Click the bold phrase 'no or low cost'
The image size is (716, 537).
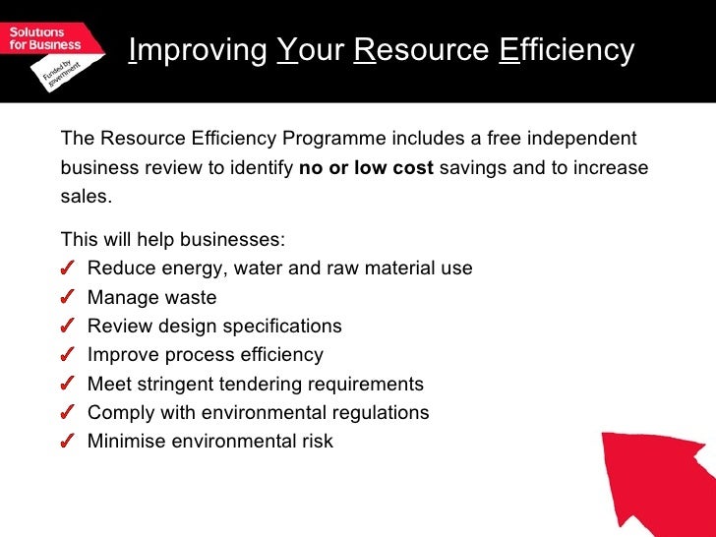366,167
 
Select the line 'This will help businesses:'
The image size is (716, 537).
173,240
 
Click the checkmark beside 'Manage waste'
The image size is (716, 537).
67,298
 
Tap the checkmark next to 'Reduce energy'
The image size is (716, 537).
67,268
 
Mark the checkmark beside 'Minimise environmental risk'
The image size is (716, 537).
67,442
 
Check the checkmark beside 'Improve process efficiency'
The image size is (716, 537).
67,355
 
